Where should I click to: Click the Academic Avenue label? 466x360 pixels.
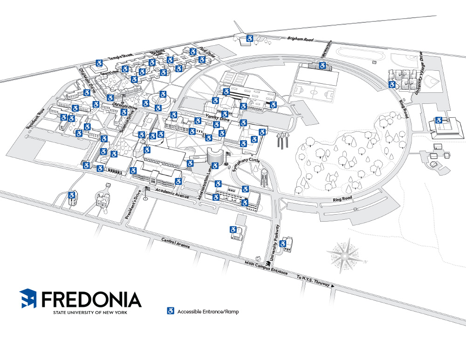coord(172,193)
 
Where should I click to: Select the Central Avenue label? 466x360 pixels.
coord(176,243)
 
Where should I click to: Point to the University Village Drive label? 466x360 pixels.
coord(416,72)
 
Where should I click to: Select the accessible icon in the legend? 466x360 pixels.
coord(171,311)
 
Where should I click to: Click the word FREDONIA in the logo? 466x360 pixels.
coord(91,299)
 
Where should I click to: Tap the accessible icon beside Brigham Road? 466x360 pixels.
coord(250,39)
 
